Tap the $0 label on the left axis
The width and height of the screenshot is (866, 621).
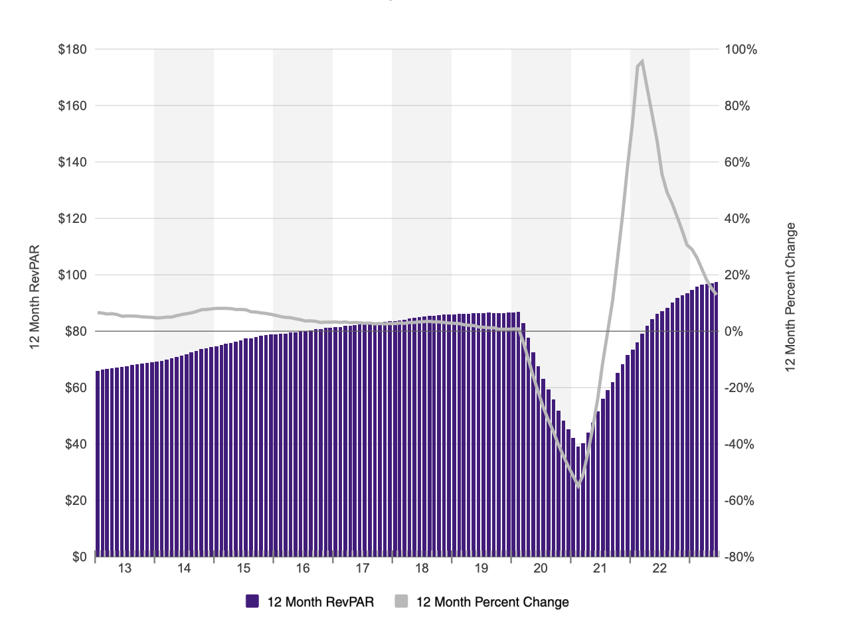(80, 557)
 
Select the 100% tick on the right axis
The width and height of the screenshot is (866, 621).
(741, 50)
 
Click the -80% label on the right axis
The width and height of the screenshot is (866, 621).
(740, 557)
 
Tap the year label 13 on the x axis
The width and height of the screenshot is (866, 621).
(125, 568)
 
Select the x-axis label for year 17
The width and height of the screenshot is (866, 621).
(363, 568)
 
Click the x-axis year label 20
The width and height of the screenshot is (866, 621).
(541, 568)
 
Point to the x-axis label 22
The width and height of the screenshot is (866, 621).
(659, 568)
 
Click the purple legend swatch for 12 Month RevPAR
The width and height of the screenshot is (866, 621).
(252, 602)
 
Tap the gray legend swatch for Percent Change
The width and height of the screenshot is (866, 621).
(401, 602)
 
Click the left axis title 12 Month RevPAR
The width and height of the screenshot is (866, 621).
(35, 297)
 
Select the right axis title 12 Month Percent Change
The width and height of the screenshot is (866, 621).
(790, 297)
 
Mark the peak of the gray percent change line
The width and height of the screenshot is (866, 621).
(642, 61)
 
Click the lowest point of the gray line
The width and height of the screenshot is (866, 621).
(578, 486)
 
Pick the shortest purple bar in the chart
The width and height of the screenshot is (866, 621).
(578, 501)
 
